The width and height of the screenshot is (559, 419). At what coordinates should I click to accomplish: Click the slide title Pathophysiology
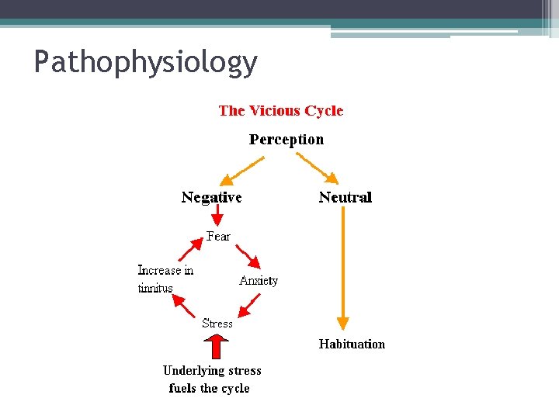145,62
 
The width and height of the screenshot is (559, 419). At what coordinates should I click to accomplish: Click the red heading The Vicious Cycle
280,111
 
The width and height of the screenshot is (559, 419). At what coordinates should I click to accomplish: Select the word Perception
286,140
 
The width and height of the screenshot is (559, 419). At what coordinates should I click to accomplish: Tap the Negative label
211,197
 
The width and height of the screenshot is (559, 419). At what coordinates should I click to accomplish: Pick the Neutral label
345,197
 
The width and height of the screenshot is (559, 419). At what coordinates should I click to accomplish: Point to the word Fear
218,236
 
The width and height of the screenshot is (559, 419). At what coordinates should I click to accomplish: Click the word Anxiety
259,280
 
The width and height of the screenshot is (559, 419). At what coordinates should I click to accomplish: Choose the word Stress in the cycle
217,323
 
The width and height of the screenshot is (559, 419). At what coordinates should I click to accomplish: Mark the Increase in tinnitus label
165,279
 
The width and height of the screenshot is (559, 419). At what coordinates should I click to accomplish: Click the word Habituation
352,344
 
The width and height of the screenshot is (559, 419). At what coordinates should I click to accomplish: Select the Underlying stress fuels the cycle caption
211,379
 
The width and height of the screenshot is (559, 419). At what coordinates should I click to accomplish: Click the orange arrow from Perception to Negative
243,169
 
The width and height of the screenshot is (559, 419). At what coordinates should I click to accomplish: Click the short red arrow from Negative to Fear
218,217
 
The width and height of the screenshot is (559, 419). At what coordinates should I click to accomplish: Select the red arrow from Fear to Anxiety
249,257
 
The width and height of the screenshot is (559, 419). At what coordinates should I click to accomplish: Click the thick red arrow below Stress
218,346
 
